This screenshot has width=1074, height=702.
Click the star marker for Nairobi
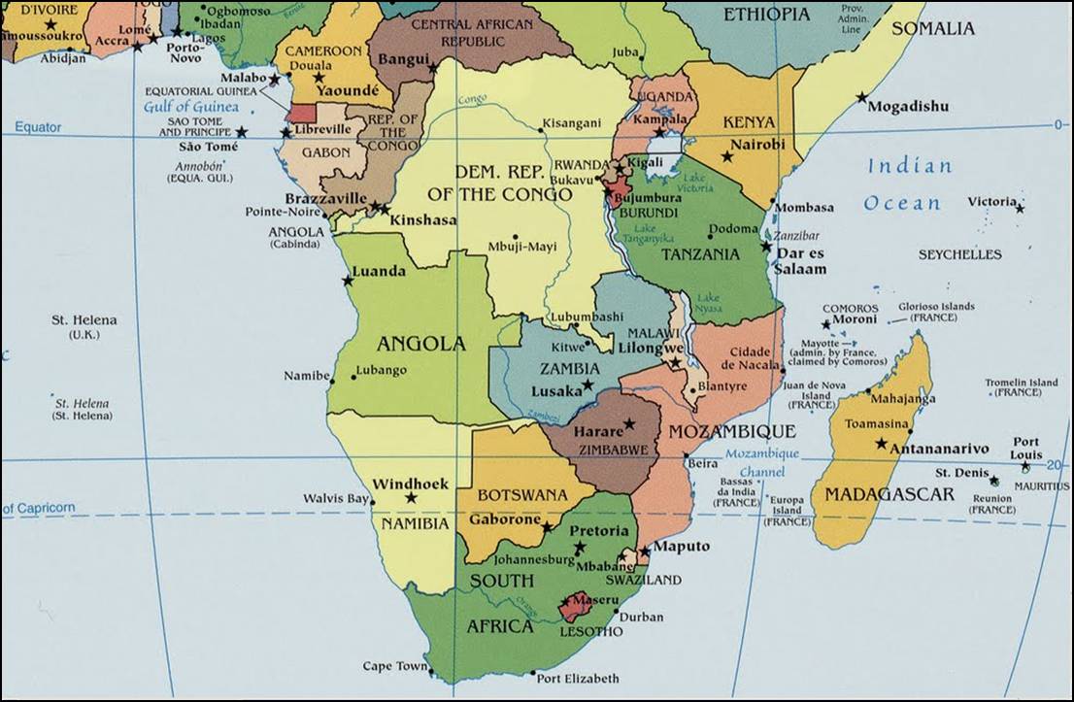[726, 156]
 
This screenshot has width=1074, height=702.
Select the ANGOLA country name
[421, 344]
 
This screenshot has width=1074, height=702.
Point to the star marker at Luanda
[348, 281]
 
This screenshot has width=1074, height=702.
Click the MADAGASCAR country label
[889, 494]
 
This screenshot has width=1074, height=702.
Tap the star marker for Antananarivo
[881, 444]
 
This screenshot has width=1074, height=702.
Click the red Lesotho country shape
[576, 607]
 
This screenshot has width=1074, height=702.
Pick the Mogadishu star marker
[861, 97]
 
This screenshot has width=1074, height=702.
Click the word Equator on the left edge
[37, 127]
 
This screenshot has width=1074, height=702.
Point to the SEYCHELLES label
[959, 254]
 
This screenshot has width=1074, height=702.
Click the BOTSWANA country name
[521, 495]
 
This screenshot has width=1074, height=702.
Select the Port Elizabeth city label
[577, 678]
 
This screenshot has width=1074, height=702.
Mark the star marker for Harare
[629, 423]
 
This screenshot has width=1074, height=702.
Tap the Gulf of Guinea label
[191, 107]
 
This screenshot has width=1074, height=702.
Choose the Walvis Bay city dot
[370, 499]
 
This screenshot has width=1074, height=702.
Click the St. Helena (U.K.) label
[84, 327]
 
